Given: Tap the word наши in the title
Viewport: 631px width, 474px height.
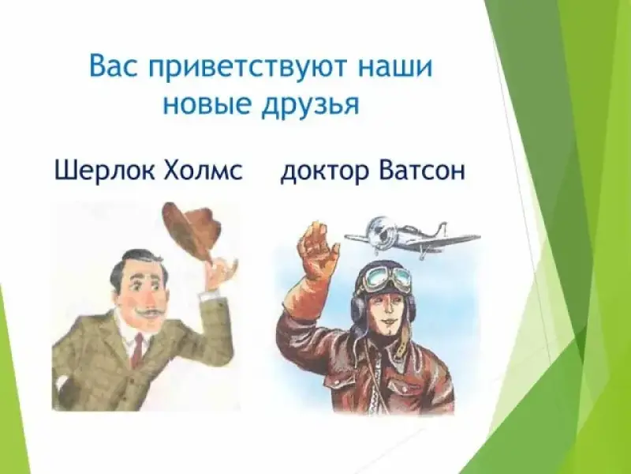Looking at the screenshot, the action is click(x=395, y=66).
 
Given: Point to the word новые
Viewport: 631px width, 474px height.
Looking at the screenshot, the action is click(x=207, y=104).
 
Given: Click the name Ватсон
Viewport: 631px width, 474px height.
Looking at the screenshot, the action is click(x=422, y=170).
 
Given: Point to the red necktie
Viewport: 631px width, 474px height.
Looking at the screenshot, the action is click(x=138, y=350).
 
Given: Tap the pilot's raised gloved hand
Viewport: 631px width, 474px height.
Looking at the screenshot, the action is click(x=318, y=252).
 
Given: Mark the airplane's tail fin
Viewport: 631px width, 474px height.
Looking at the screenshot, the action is click(x=442, y=230).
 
